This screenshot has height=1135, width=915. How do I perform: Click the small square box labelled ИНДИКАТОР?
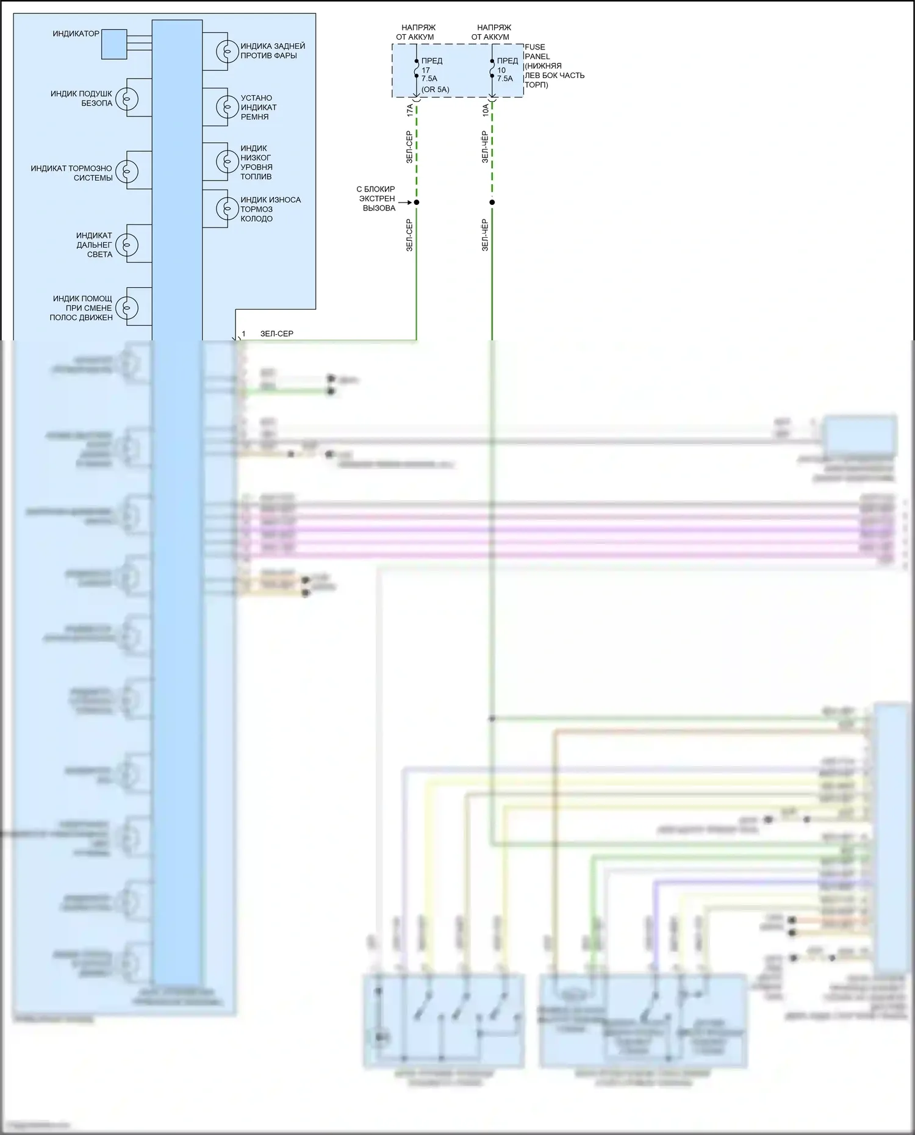[114, 44]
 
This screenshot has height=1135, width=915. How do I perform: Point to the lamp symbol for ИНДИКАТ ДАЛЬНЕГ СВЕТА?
[127, 245]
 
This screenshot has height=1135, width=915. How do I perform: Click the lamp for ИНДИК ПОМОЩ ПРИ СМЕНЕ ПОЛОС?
[127, 307]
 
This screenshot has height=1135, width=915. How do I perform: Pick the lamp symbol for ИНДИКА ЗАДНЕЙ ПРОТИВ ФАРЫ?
[227, 51]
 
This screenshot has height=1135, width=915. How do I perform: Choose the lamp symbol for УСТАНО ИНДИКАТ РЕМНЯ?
[227, 107]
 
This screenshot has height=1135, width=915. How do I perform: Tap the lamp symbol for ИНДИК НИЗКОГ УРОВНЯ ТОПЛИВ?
[227, 162]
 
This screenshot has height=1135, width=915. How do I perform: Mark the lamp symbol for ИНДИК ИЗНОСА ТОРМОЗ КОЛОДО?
[227, 209]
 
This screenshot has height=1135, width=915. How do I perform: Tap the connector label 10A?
[486, 110]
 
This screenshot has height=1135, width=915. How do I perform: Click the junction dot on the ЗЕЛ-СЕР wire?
[417, 202]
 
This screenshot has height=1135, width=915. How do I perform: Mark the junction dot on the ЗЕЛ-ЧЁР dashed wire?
[492, 202]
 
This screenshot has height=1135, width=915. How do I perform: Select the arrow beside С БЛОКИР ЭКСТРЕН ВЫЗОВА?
[406, 202]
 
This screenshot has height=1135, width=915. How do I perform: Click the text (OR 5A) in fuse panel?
[436, 90]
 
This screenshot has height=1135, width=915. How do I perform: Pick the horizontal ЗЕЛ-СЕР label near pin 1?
[277, 334]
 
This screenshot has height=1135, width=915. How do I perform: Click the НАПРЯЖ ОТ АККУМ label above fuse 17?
[418, 32]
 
